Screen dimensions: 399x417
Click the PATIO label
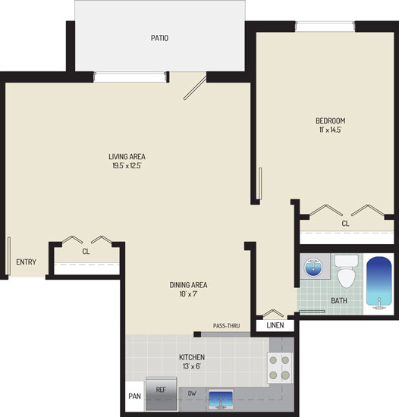point(159,38)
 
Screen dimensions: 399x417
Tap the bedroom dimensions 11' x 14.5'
point(331,130)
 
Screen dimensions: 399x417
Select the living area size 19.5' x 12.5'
point(127,166)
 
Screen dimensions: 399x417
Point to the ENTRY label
point(26,262)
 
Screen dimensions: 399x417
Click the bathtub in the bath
point(379,284)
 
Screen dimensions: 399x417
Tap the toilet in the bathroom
point(347,271)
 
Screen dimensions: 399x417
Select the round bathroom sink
point(314,267)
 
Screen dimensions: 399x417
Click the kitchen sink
point(221,400)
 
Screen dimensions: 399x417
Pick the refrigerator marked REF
point(162,393)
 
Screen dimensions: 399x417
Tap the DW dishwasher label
point(192,393)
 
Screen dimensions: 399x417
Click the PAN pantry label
point(134,397)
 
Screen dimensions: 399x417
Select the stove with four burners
point(279,368)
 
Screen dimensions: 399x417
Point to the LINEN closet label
point(275,325)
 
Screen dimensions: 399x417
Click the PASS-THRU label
point(226,326)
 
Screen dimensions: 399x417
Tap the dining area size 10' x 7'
point(188,294)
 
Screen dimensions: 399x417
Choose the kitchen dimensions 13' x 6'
point(191,366)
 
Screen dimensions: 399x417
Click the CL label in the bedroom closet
point(345,224)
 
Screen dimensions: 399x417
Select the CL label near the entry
point(86,252)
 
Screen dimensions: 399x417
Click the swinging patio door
point(195,88)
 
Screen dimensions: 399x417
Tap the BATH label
point(339,301)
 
